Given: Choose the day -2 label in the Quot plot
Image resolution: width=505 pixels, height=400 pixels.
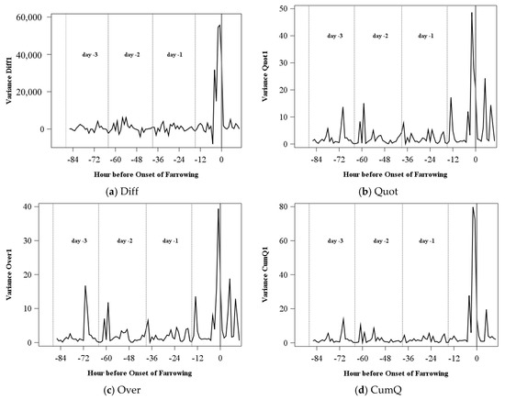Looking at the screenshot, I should (x=379, y=36).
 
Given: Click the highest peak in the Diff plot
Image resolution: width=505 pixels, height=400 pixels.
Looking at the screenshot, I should (x=219, y=25).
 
